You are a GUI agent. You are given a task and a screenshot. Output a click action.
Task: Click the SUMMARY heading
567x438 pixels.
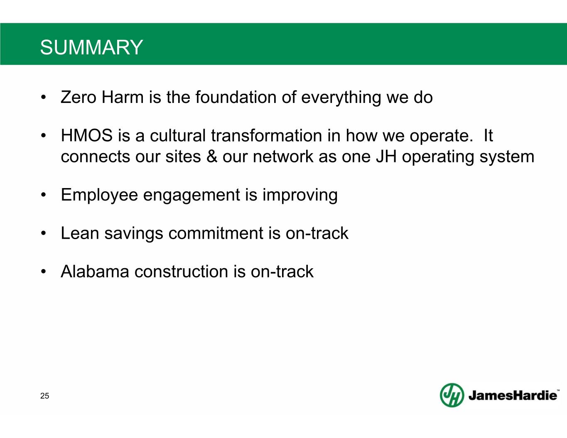tap(91, 47)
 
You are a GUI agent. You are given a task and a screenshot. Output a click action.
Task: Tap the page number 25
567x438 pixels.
tap(44, 396)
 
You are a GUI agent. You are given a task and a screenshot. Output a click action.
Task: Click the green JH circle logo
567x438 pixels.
tap(452, 395)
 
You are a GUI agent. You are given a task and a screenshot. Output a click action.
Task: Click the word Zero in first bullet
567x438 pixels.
tap(78, 97)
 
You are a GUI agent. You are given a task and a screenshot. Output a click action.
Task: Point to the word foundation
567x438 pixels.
tap(236, 97)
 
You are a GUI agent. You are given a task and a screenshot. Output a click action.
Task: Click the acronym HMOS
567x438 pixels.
tap(87, 136)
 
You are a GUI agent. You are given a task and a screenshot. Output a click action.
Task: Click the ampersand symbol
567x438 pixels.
tap(211, 157)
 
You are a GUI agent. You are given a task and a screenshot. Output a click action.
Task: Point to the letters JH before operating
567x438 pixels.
tap(386, 157)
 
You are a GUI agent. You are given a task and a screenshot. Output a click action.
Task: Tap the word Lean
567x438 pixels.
tap(80, 233)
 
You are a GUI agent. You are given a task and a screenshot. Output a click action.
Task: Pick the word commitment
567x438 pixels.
tap(216, 233)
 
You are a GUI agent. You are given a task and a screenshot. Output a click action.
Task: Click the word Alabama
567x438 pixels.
tap(95, 272)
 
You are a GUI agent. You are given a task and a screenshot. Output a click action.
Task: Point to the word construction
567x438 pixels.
tap(182, 272)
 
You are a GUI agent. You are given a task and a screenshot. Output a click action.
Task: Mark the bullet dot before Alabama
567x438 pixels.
tap(43, 272)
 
